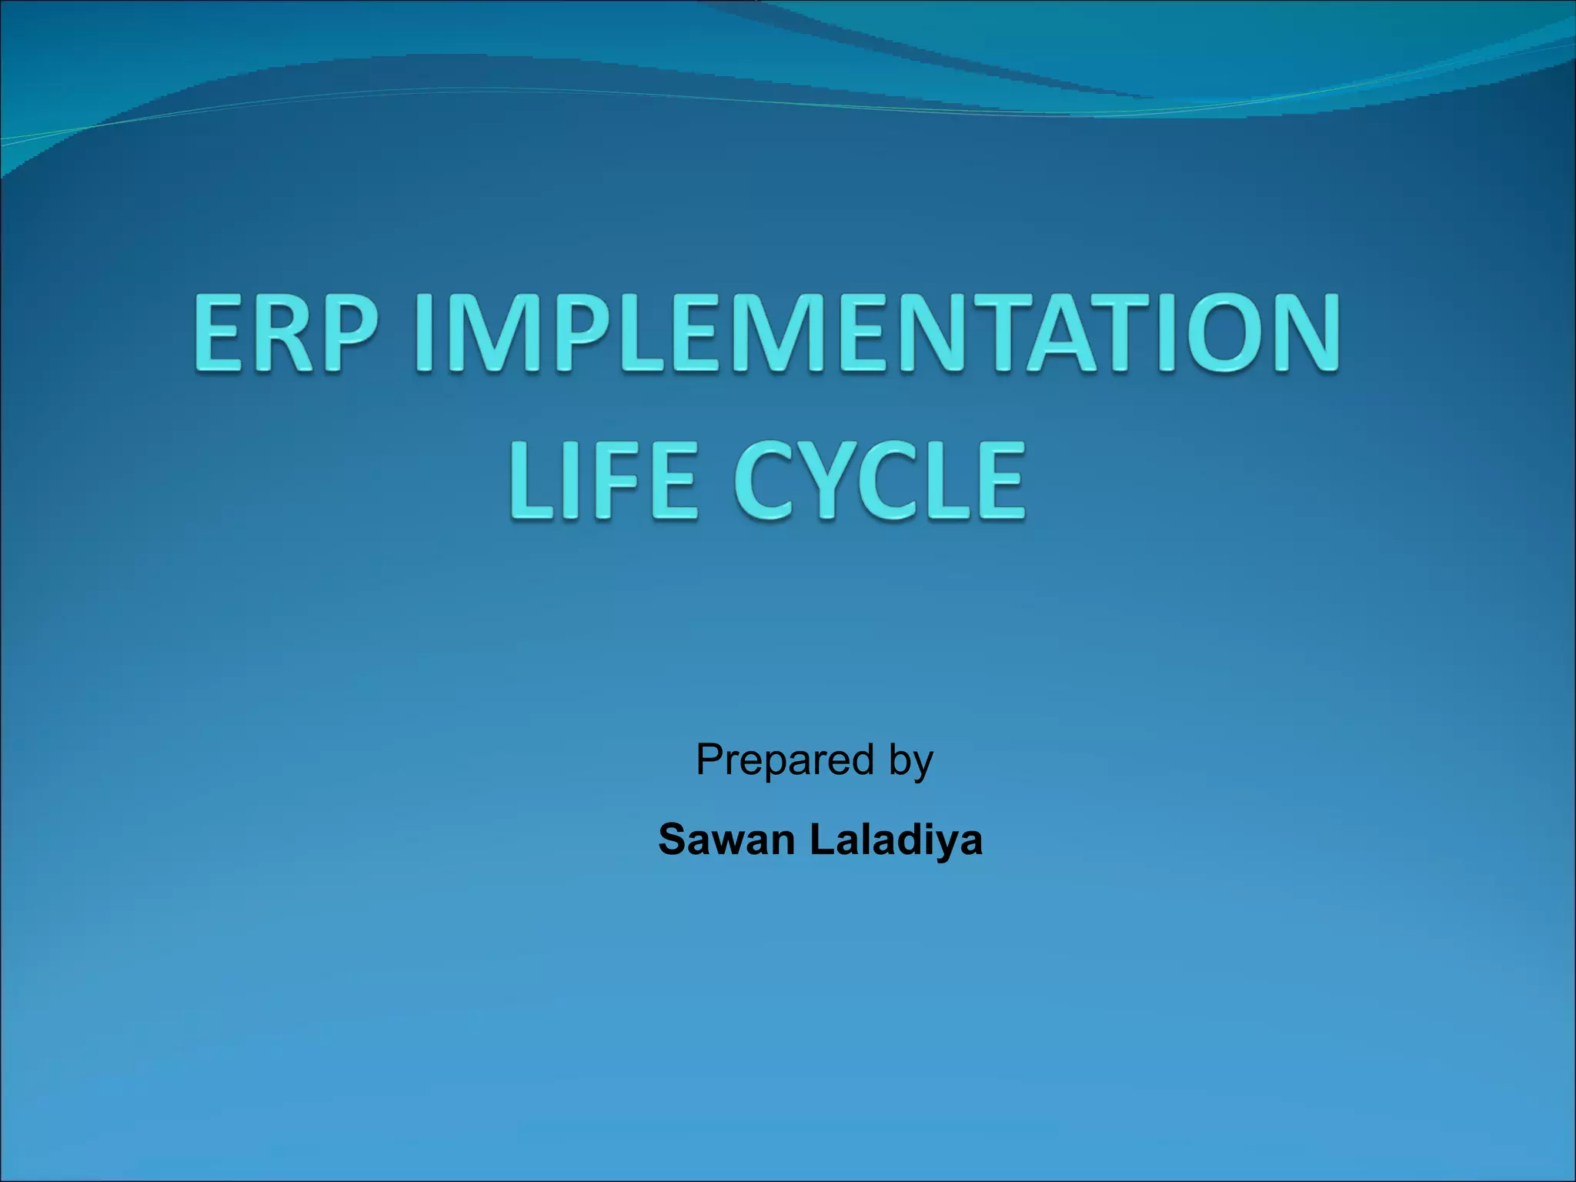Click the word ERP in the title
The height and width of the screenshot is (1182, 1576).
286,334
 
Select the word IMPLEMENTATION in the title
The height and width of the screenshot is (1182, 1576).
877,334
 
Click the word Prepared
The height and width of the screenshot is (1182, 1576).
785,760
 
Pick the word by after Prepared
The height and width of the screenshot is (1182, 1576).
911,762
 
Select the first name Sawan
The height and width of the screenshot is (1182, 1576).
726,839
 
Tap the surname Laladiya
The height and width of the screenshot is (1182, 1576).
896,839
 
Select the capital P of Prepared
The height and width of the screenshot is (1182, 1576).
710,760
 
